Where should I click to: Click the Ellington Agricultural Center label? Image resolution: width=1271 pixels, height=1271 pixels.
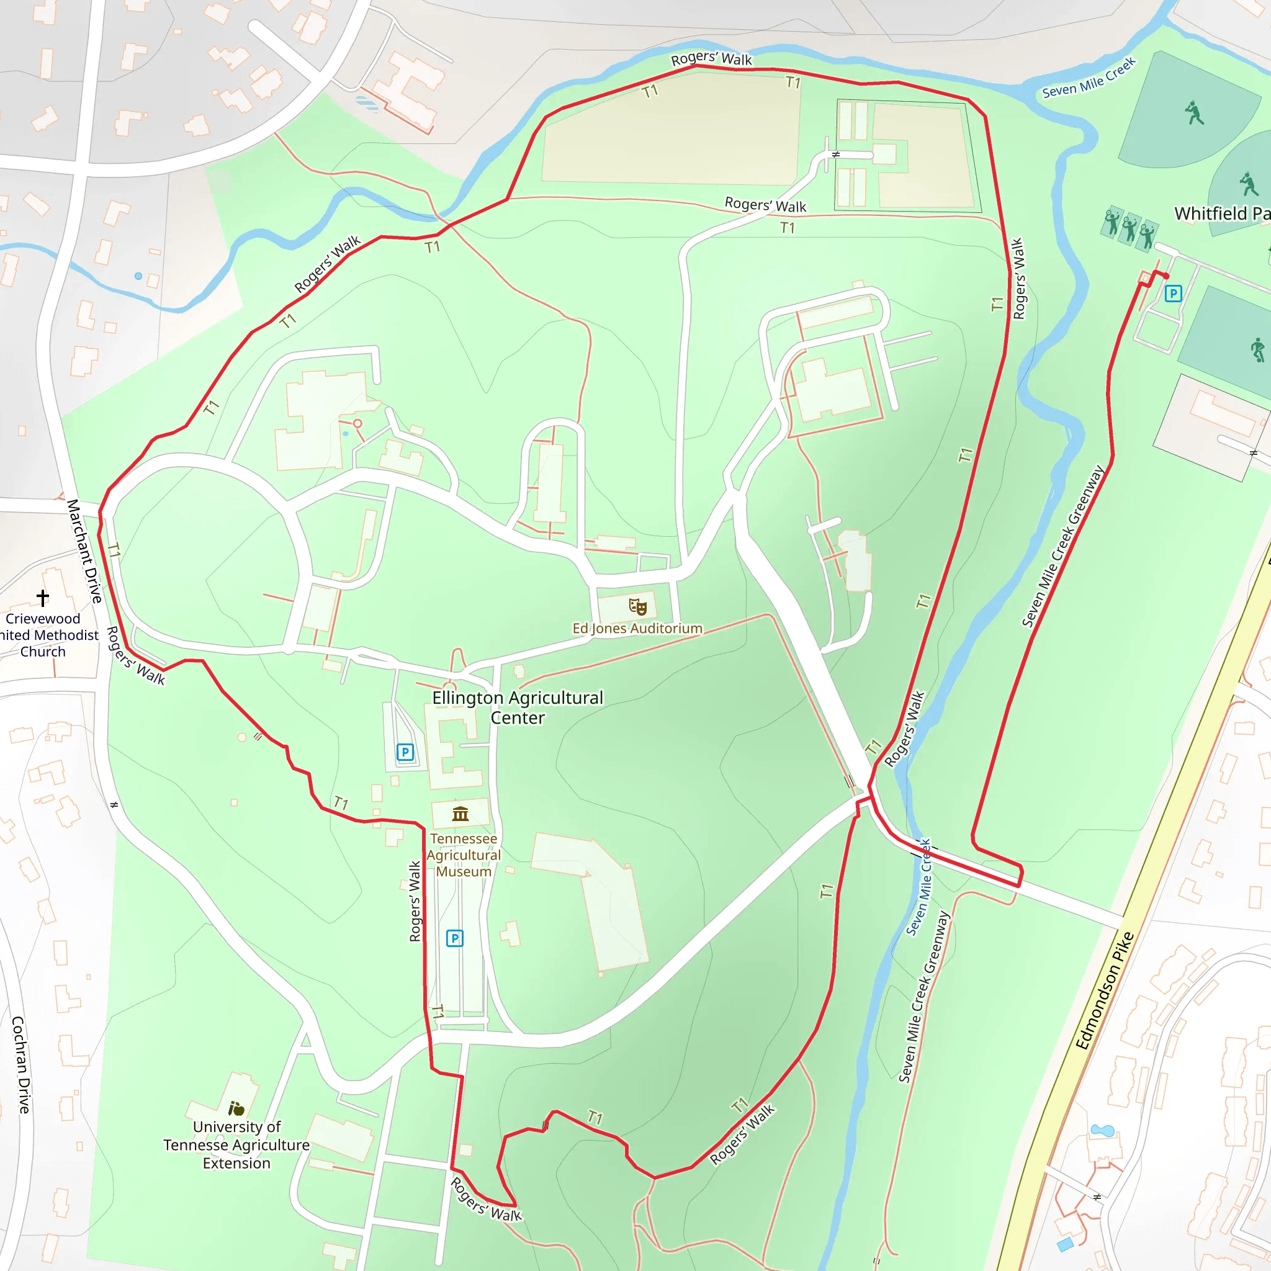click(517, 707)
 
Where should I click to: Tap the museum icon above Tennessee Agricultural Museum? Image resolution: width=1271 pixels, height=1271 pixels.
click(460, 814)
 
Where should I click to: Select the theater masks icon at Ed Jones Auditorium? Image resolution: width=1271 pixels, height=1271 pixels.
click(637, 606)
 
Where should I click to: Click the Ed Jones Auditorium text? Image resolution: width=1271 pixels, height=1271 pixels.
click(637, 628)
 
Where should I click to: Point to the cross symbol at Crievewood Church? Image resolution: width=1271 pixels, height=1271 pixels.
click(43, 598)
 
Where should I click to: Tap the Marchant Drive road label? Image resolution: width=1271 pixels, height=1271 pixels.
click(85, 550)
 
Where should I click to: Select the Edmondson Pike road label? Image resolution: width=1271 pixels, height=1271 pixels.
click(1105, 990)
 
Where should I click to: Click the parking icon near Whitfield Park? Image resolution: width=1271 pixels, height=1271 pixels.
click(1173, 294)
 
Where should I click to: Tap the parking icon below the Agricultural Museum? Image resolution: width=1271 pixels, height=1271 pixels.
click(454, 938)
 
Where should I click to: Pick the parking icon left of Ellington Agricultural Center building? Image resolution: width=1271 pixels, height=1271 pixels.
click(405, 752)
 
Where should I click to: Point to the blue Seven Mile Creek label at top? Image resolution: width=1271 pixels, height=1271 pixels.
click(1089, 78)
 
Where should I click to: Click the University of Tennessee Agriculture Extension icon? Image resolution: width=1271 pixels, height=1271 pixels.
click(236, 1108)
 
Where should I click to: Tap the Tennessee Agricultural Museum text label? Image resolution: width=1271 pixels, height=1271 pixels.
click(463, 855)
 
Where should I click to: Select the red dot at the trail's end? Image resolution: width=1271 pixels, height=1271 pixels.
click(1165, 276)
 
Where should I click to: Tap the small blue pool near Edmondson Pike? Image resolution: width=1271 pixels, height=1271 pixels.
click(1103, 1130)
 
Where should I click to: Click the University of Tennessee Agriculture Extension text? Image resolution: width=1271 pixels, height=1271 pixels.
click(236, 1144)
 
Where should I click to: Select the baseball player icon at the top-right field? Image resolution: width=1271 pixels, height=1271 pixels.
click(1194, 112)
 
